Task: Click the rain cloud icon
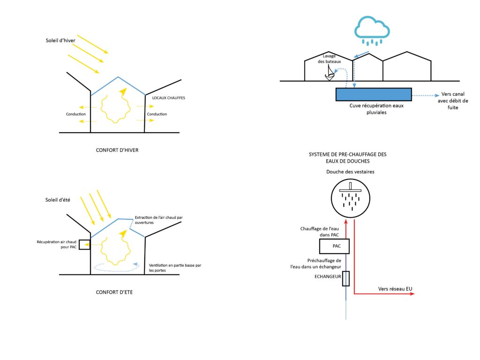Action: (372, 30)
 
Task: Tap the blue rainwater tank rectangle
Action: (374, 94)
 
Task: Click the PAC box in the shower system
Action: (334, 246)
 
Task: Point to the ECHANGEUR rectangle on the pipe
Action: (346, 278)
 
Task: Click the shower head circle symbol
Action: (351, 198)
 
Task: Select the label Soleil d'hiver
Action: (60, 40)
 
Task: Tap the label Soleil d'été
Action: (58, 200)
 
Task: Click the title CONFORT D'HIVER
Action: (117, 150)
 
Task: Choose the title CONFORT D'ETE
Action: (114, 292)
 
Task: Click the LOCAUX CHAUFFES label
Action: (169, 98)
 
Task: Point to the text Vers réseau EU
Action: (395, 289)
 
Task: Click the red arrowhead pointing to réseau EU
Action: (412, 294)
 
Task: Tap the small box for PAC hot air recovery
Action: (84, 245)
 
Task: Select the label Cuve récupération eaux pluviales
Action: (376, 109)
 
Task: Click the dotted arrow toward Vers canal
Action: (426, 96)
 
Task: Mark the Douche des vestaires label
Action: (350, 172)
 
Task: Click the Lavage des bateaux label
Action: (329, 59)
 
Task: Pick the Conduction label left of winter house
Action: (76, 114)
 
